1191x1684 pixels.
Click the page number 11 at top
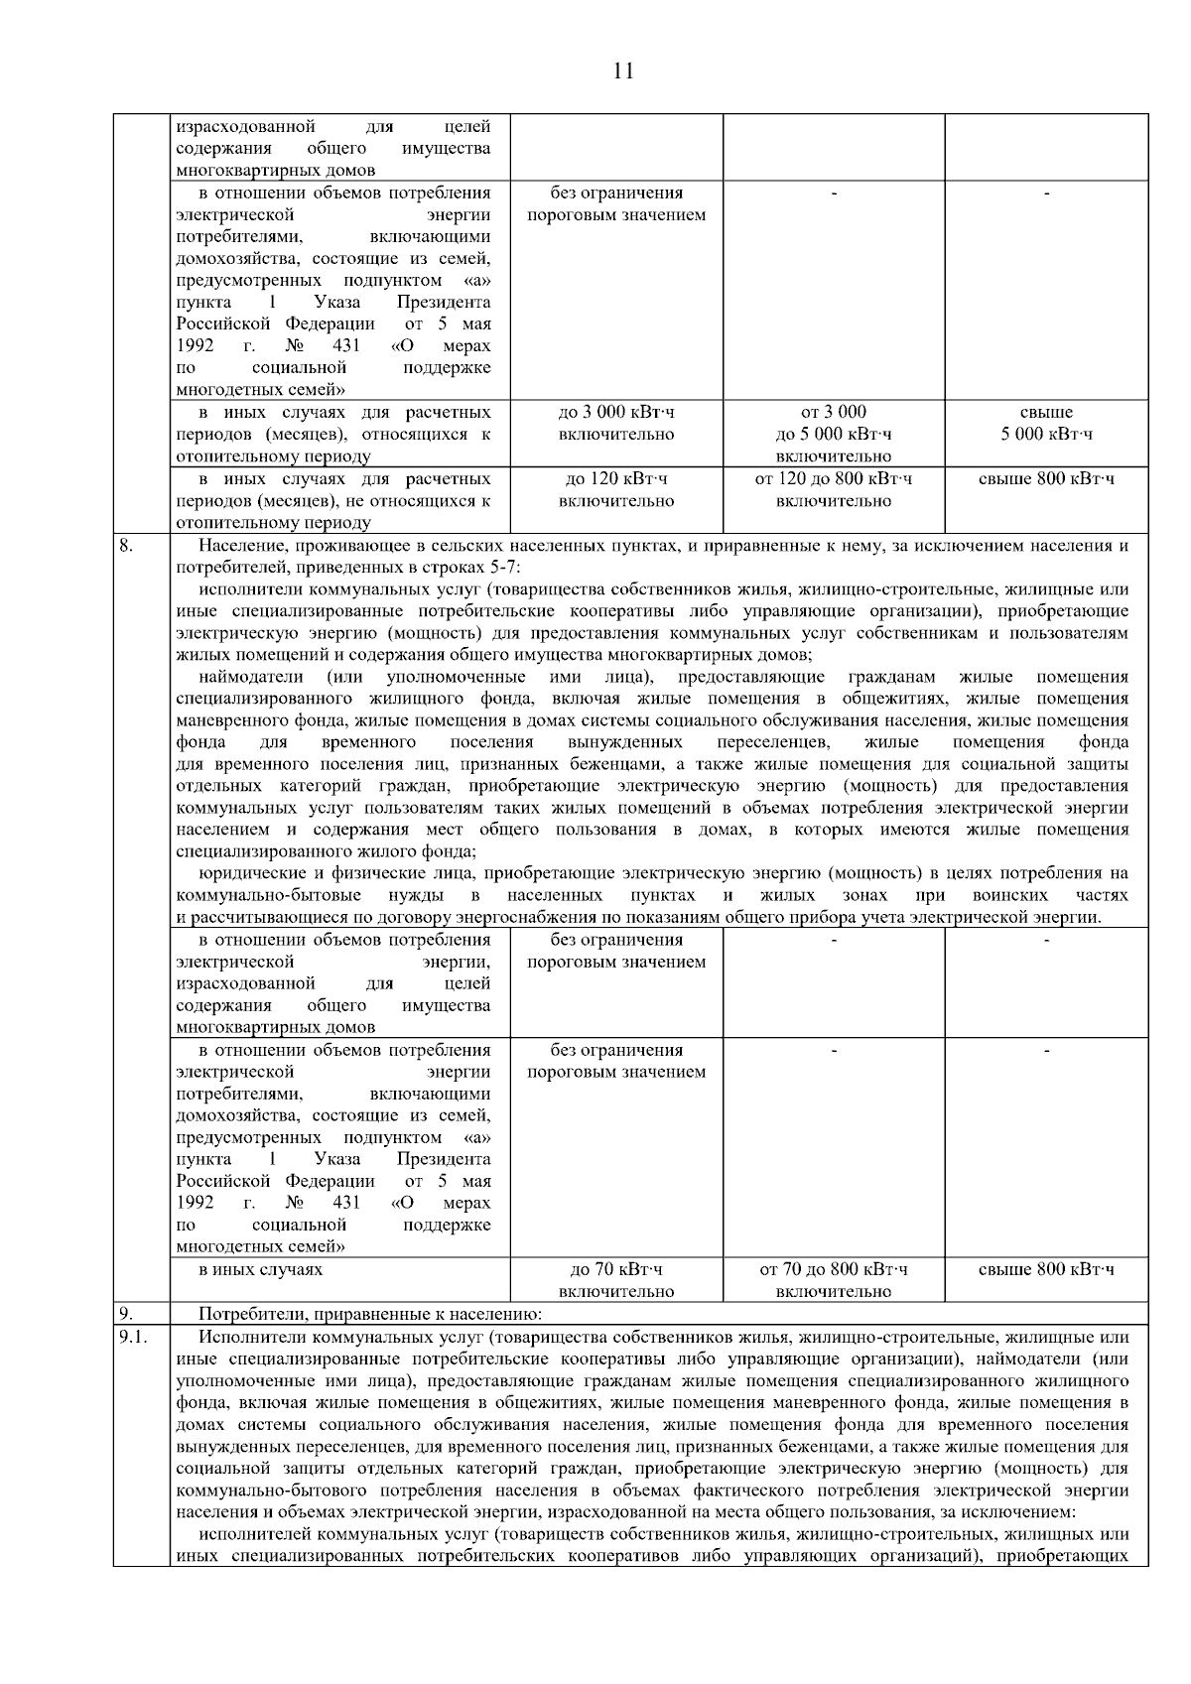pos(623,70)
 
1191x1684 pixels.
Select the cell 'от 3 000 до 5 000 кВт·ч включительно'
pos(833,434)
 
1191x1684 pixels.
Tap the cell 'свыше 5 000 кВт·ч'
pos(1046,424)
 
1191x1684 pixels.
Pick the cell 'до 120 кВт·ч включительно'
pos(616,490)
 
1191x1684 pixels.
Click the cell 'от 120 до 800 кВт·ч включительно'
pos(833,490)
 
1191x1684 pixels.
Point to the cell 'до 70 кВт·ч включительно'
pos(616,1280)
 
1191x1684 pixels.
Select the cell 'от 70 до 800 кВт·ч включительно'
pos(833,1280)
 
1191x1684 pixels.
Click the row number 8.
pos(126,545)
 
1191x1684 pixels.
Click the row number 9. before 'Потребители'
pos(126,1315)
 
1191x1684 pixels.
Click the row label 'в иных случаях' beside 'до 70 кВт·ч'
pos(260,1269)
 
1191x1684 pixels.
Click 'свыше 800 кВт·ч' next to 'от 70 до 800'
pos(1046,1269)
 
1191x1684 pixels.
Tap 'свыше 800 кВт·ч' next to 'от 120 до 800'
pos(1046,479)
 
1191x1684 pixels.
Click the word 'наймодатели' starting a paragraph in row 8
pos(250,677)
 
